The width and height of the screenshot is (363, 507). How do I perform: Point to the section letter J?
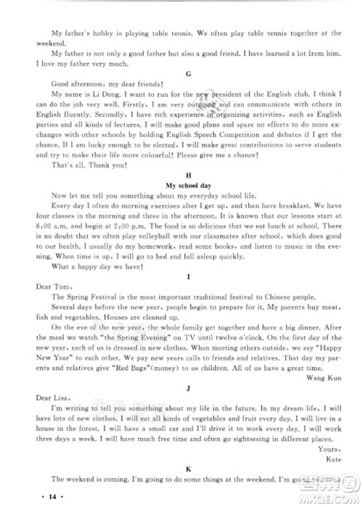tap(188, 389)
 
